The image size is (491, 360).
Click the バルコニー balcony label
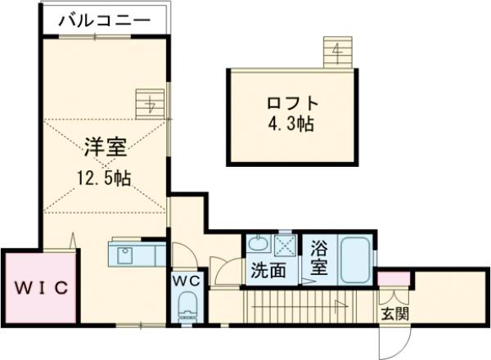click(x=104, y=20)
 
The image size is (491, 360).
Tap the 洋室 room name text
click(x=104, y=147)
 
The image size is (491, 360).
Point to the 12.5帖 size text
click(x=105, y=177)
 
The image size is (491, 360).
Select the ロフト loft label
click(x=291, y=105)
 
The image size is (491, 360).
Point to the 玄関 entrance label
click(x=394, y=313)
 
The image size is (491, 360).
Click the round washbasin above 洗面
click(x=258, y=244)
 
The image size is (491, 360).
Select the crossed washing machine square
click(x=285, y=243)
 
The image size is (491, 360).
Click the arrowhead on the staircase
click(x=337, y=308)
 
